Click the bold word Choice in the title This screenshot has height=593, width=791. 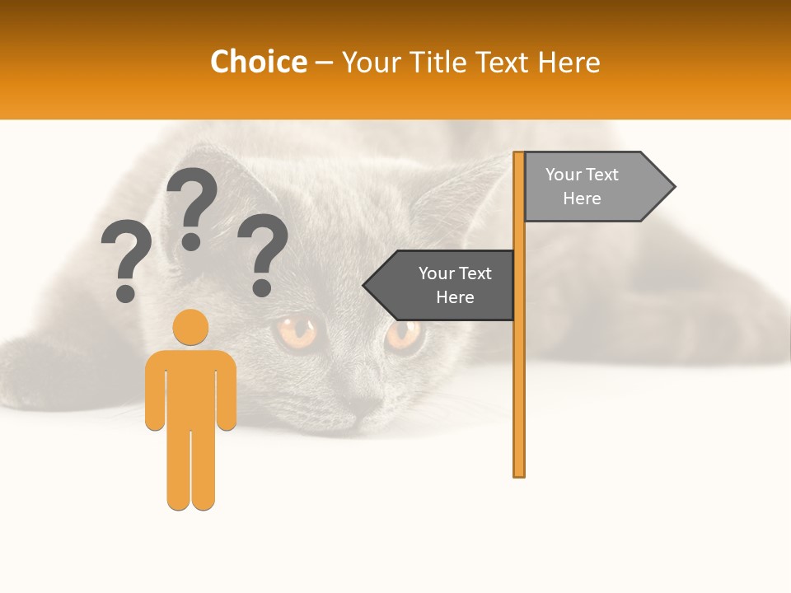point(258,62)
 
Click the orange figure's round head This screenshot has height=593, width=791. point(190,327)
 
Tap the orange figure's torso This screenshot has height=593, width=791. point(190,387)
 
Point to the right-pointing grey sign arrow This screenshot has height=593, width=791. point(593,187)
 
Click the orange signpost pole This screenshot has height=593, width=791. point(519,371)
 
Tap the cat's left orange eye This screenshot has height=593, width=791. point(297,332)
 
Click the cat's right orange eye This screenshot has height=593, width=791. point(404,333)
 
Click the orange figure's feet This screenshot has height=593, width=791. point(190,501)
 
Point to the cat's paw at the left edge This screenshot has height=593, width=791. point(33,371)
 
